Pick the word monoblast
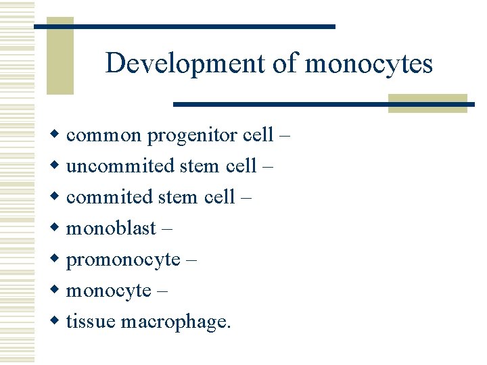click(x=111, y=228)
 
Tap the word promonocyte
click(x=123, y=260)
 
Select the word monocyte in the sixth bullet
click(x=108, y=291)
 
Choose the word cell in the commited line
click(x=218, y=197)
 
